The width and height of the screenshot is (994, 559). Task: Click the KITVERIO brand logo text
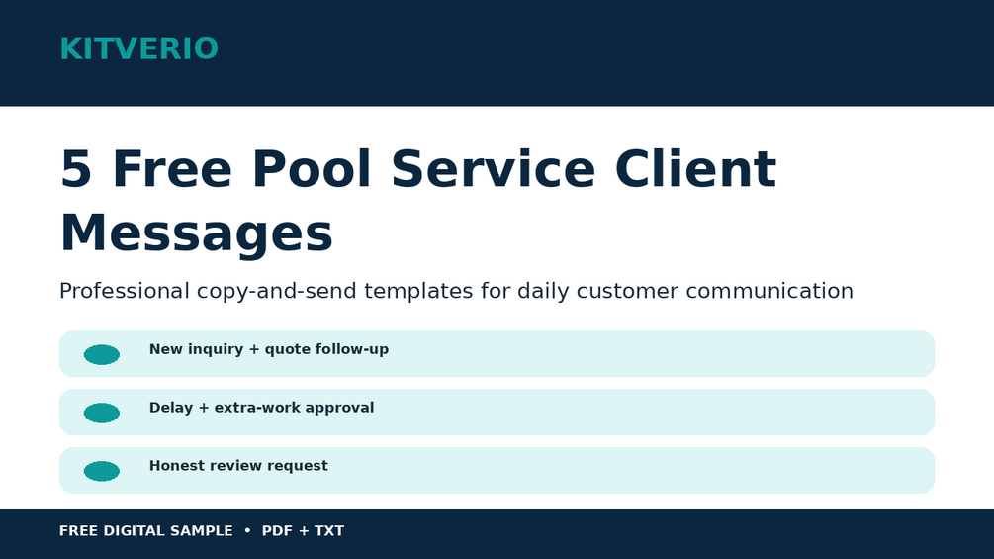(x=138, y=48)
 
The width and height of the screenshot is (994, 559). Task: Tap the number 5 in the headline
(x=75, y=169)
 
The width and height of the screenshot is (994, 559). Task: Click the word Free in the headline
(x=172, y=169)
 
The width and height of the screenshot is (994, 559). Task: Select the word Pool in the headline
(x=312, y=168)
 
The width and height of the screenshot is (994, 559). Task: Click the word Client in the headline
(x=695, y=168)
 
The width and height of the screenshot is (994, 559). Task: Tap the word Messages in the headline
(x=197, y=233)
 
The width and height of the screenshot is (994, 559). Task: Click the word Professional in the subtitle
(x=125, y=291)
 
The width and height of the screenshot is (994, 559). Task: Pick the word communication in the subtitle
(x=769, y=291)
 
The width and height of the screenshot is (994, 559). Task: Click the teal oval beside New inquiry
(x=102, y=355)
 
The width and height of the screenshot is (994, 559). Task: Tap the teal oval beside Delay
(x=102, y=414)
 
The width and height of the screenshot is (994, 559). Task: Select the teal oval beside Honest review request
(x=102, y=472)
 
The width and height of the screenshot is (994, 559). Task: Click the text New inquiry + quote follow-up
(x=269, y=350)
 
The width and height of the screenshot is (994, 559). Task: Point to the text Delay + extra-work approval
(x=262, y=408)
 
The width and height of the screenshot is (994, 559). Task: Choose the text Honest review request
(x=239, y=466)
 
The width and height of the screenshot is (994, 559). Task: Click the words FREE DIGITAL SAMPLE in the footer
(x=145, y=531)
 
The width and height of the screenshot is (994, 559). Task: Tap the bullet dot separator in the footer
(x=247, y=530)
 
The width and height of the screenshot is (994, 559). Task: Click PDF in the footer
(x=276, y=531)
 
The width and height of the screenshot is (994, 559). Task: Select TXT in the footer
(x=329, y=531)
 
